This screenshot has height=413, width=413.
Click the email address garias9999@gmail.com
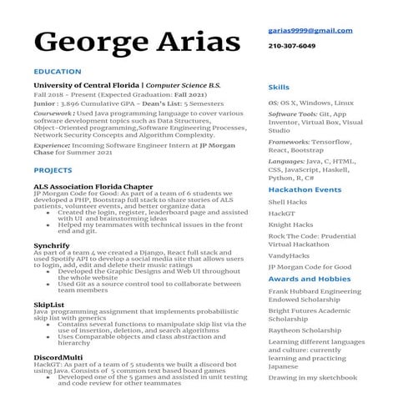tap(310, 30)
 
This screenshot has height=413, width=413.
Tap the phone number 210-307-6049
tap(292, 46)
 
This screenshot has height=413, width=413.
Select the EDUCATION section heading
tap(58, 72)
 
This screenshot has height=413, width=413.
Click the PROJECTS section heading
tap(53, 170)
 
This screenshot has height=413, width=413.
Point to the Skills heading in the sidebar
tap(279, 88)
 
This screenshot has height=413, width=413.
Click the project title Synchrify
tap(52, 246)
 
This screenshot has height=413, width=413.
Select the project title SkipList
tap(48, 305)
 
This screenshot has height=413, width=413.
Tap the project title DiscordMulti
tap(57, 358)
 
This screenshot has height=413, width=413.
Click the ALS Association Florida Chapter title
tap(93, 186)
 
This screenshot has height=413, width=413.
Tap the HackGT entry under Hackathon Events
tap(281, 214)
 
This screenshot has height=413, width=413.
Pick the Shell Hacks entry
tap(287, 202)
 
